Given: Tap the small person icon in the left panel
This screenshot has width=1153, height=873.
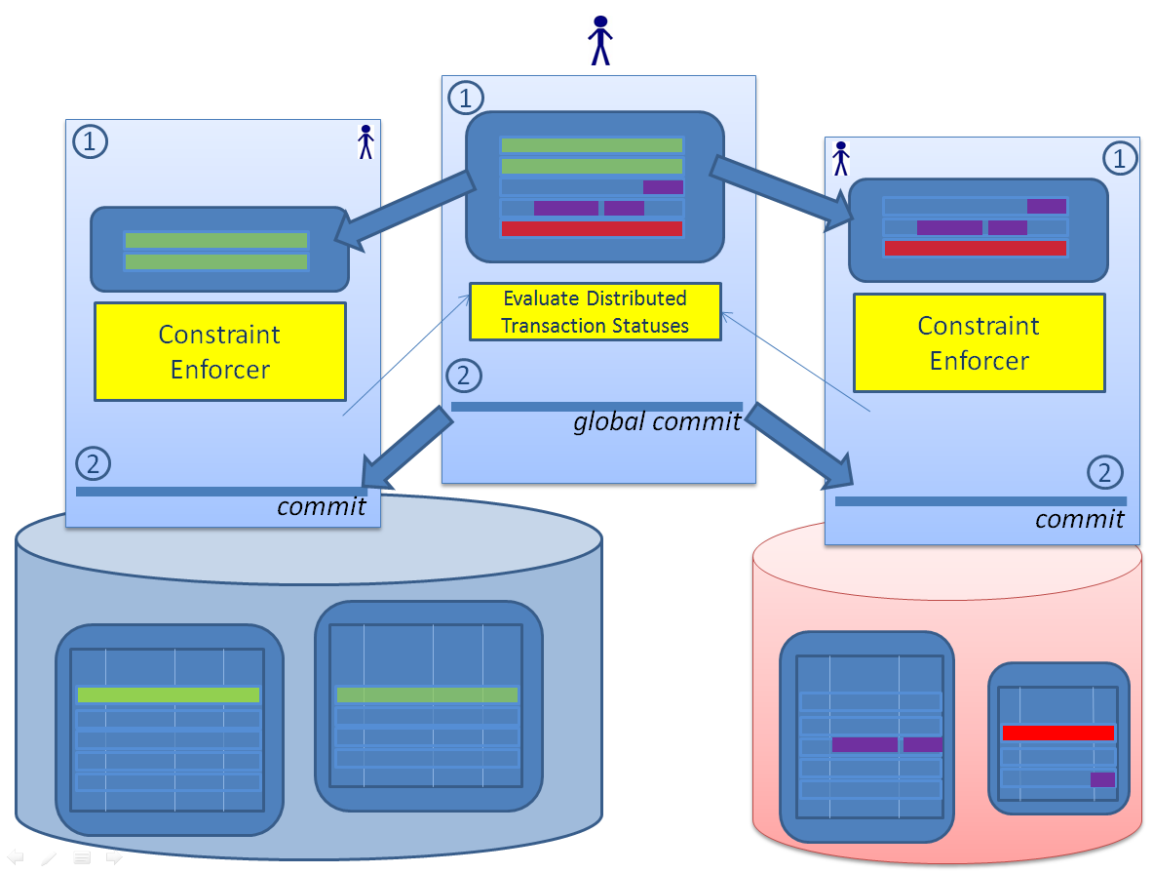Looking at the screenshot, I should pos(365,141).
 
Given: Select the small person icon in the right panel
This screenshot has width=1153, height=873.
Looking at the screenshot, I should pos(841,159).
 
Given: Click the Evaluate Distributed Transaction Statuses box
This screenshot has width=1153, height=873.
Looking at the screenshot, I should pos(595,312).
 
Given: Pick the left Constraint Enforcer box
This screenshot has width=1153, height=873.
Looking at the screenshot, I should pos(220,351).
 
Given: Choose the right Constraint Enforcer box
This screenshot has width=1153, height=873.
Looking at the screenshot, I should pos(979,343).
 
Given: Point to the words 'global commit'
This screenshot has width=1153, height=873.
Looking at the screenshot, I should pos(656,422).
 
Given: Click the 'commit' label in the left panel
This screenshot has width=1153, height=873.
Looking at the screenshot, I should pos(322,506).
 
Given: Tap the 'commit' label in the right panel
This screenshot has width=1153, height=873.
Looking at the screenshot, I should pos(1079,518).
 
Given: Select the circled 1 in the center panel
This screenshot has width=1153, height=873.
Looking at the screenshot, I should pos(465,98).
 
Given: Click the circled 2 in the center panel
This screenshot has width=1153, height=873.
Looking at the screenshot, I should pos(464,376).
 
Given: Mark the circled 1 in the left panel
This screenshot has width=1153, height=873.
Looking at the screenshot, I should pos(91,142).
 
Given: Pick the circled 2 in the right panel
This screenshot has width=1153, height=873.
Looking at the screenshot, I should pos(1104,473).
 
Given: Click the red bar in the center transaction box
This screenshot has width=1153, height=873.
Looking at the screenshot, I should pos(592,229).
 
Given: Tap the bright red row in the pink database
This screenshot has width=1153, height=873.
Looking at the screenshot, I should pos(1057,733).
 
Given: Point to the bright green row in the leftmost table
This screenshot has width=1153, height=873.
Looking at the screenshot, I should pos(169,694).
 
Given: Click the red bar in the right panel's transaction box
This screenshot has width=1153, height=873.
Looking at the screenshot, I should pos(975,249).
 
